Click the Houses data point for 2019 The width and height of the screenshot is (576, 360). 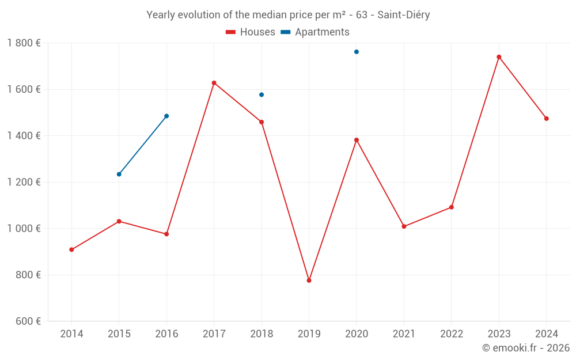[x=309, y=281]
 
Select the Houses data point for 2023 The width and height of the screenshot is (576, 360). [x=499, y=57]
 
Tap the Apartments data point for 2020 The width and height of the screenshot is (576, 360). [x=357, y=52]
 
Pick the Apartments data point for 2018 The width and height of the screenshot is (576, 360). [x=262, y=94]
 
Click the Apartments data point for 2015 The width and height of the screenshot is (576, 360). [x=119, y=174]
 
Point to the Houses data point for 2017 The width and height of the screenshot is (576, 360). [x=214, y=83]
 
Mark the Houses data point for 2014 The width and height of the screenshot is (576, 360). [x=71, y=249]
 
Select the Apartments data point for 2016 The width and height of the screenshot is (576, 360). [x=166, y=116]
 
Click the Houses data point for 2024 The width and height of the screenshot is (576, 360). [x=547, y=119]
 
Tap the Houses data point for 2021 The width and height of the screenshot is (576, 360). [x=404, y=226]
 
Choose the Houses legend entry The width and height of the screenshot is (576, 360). [x=251, y=32]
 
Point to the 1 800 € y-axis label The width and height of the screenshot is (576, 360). [x=24, y=43]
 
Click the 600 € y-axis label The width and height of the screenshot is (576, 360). [x=27, y=321]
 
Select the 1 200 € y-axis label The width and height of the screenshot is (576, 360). [x=24, y=182]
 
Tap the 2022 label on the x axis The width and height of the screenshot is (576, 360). [x=452, y=334]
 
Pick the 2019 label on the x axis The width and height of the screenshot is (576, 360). [x=309, y=334]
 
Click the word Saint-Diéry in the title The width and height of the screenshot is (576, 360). [x=404, y=14]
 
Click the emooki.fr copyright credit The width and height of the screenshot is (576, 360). [x=526, y=348]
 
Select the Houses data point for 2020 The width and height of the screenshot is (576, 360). [x=357, y=140]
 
